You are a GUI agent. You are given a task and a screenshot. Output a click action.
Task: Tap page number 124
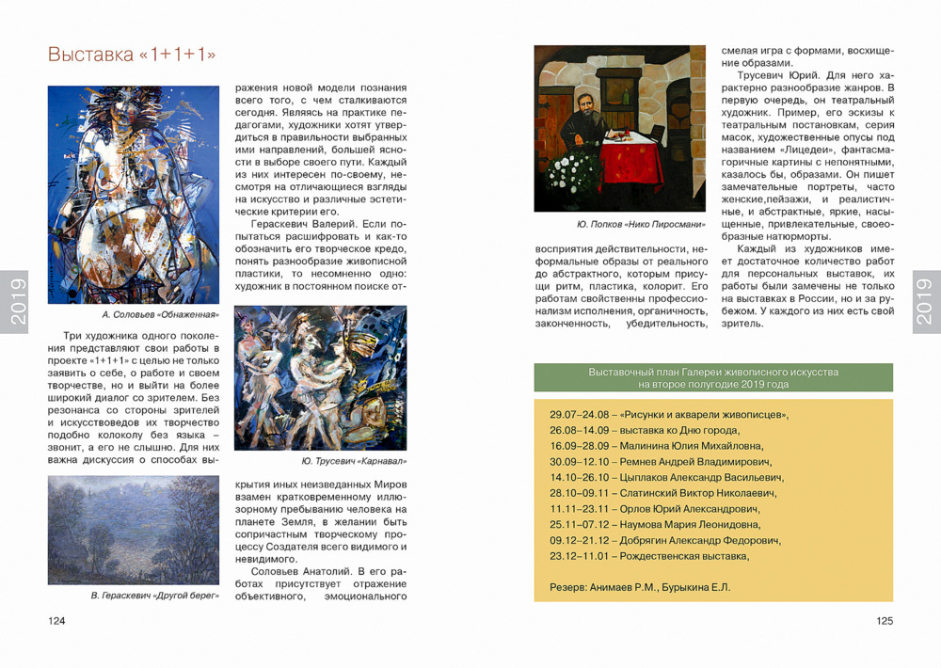pos(57,621)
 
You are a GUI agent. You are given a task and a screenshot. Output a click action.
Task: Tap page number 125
pos(884,621)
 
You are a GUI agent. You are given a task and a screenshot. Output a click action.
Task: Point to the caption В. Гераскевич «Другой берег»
pos(154,596)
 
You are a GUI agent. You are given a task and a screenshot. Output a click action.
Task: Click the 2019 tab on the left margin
pos(15,301)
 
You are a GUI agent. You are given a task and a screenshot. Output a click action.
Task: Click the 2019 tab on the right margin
pos(926,301)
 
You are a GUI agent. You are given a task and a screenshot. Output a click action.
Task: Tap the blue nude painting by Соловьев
pos(133,195)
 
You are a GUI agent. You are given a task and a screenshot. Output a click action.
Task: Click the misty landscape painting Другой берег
pos(133,530)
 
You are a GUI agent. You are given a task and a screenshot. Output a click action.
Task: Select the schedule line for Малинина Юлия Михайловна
pos(656,446)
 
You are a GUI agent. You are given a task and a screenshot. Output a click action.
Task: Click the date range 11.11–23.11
pos(579,509)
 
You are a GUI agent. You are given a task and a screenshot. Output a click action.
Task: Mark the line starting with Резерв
pos(639,588)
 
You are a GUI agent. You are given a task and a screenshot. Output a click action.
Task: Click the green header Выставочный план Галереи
pos(713,378)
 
